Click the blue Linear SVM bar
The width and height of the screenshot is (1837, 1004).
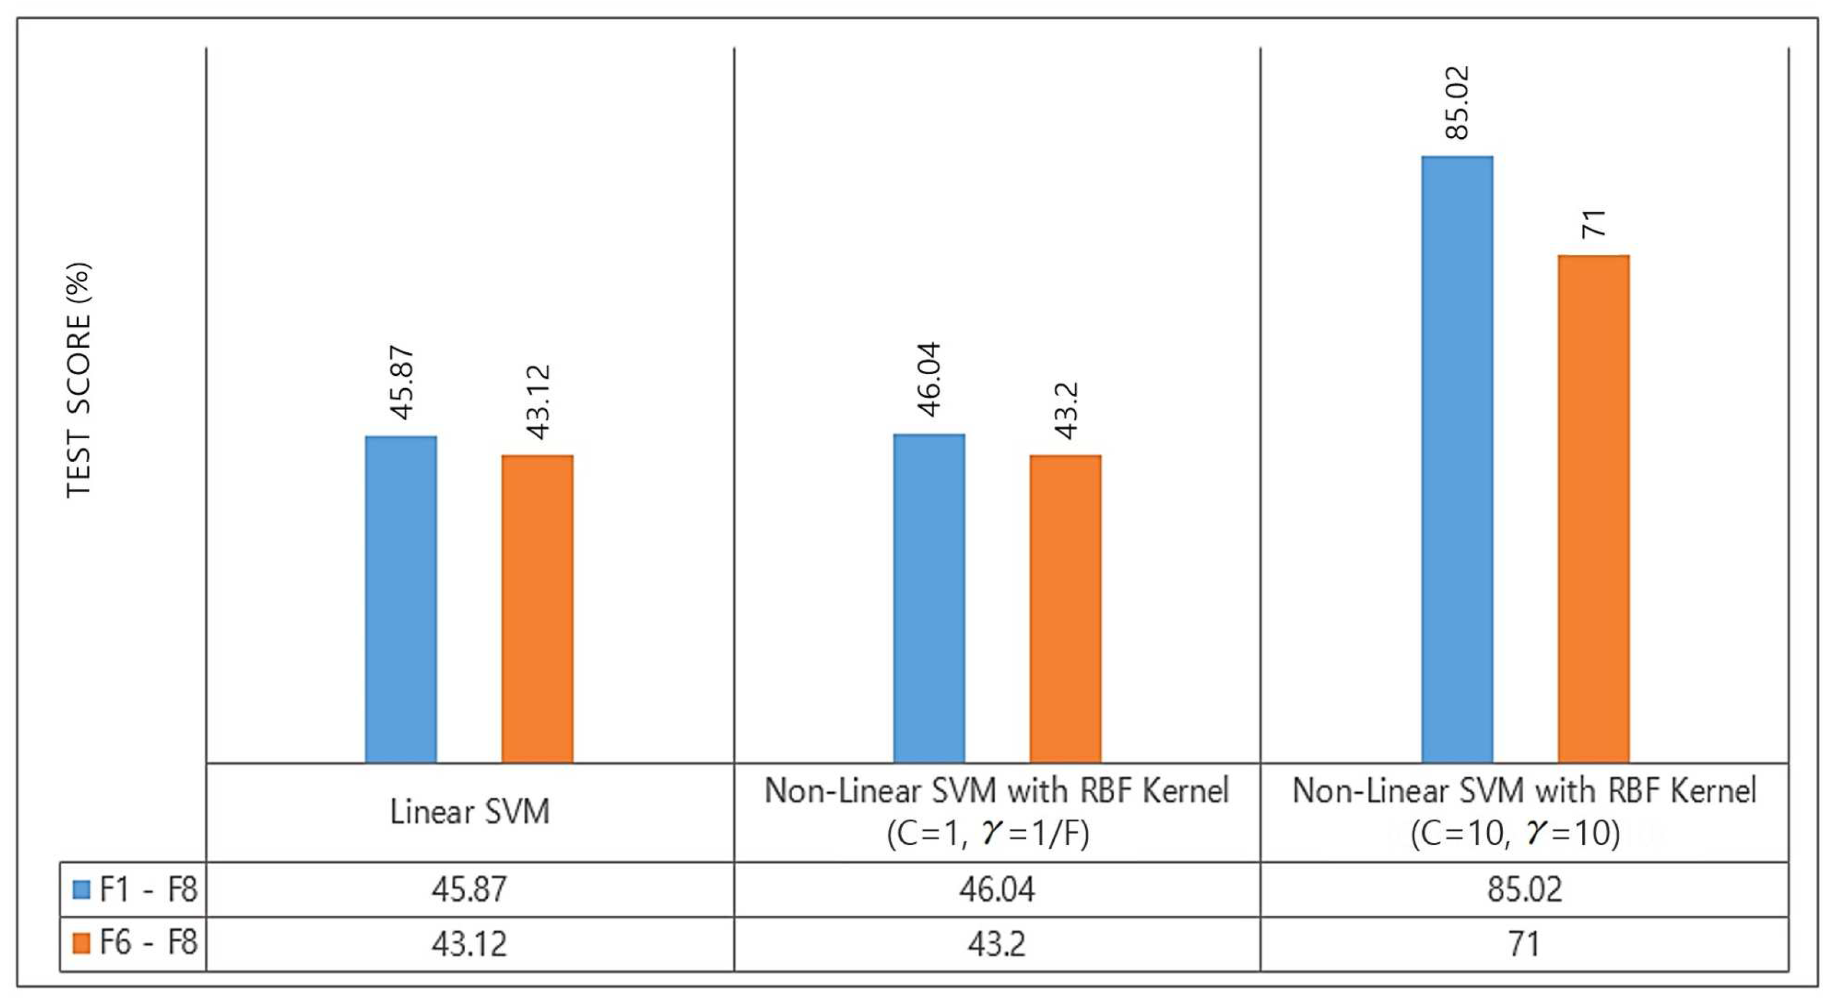pos(401,599)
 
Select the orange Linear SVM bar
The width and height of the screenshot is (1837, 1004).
pos(537,608)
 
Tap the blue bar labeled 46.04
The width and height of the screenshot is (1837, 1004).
pos(929,598)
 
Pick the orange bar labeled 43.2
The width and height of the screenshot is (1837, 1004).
pos(1064,608)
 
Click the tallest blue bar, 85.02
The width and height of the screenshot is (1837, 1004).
pos(1457,460)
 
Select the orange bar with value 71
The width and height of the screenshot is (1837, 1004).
pos(1593,509)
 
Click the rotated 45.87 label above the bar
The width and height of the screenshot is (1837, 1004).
pos(401,383)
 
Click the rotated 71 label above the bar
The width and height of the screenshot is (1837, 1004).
pos(1593,224)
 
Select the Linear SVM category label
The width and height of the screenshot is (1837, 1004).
pos(469,812)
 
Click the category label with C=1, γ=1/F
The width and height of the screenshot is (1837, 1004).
pos(996,811)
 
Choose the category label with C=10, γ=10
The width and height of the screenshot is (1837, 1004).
pos(1524,811)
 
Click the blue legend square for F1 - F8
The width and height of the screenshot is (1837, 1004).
pos(82,889)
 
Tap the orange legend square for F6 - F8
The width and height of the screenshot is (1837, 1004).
pos(82,943)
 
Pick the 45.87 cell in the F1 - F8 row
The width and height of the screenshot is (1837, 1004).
pos(469,889)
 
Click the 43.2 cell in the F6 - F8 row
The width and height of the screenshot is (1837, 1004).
pos(996,944)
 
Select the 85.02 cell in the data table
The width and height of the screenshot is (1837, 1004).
pos(1524,889)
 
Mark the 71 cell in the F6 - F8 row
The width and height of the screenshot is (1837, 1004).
pos(1524,944)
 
